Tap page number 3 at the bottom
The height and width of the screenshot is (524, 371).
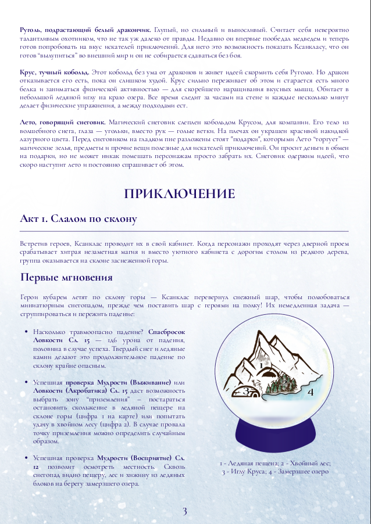coord(185,511)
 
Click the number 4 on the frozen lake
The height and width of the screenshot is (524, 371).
coord(311,392)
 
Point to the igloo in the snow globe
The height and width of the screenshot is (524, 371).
coord(245,392)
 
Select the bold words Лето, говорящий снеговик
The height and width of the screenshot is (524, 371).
coord(62,123)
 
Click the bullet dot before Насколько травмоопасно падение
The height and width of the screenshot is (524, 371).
coord(26,331)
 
